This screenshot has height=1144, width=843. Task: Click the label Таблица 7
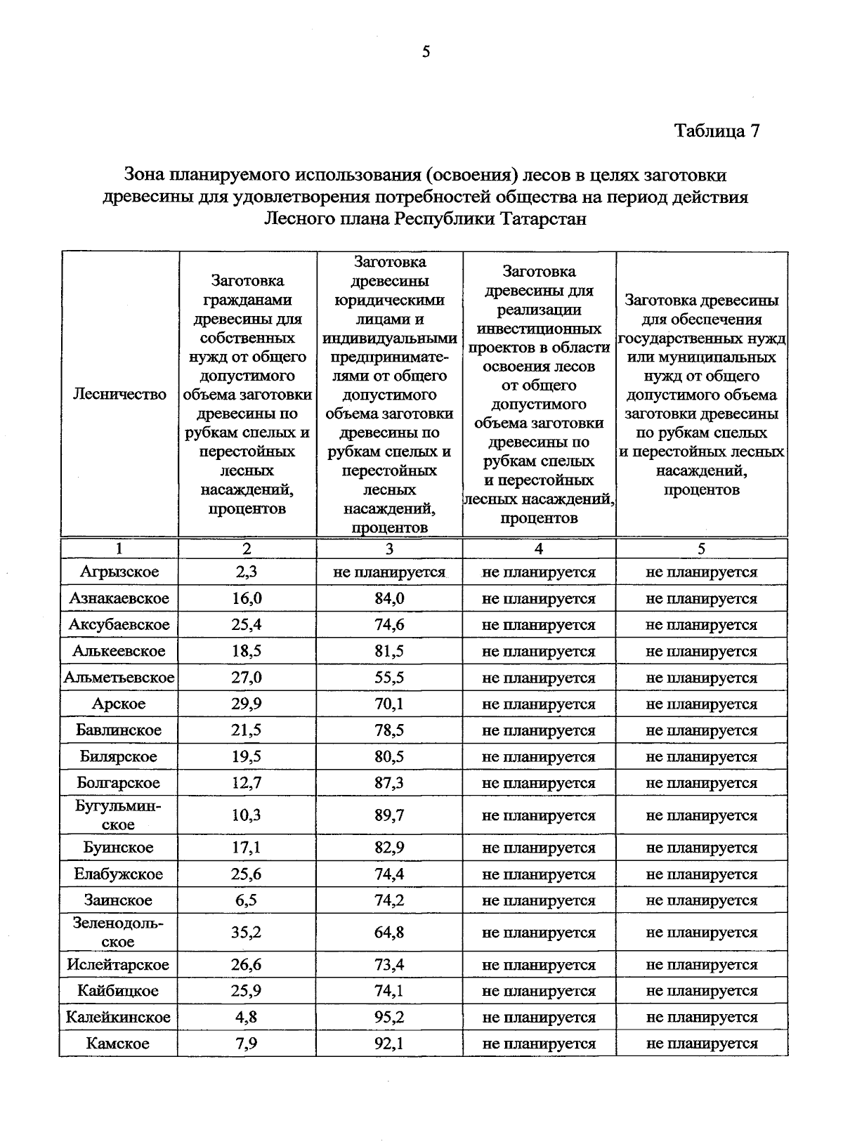[x=717, y=131]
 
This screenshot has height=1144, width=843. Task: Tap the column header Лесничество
[x=119, y=394]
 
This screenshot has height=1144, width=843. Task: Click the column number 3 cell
[x=389, y=549]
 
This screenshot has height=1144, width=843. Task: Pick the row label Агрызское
[x=119, y=572]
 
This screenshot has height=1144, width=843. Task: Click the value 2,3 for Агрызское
[x=247, y=572]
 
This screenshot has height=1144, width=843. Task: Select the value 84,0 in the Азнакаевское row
[x=389, y=598]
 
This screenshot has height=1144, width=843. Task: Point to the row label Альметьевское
[x=119, y=678]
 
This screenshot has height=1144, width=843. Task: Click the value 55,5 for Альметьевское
[x=389, y=678]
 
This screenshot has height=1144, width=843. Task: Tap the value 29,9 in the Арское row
[x=247, y=704]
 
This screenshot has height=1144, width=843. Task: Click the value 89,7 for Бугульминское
[x=389, y=815]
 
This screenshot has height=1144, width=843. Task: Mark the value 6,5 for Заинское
[x=247, y=900]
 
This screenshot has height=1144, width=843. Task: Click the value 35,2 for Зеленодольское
[x=247, y=933]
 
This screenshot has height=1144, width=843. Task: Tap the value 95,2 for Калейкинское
[x=389, y=1017]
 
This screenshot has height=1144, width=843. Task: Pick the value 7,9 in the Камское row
[x=247, y=1044]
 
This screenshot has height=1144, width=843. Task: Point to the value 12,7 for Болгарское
[x=247, y=783]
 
